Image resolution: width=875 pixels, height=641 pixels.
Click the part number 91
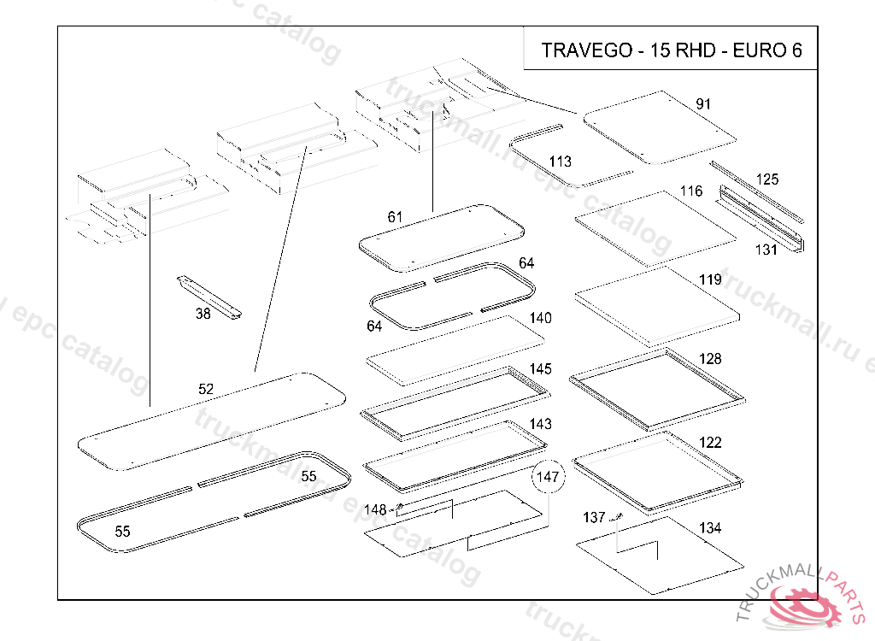tap(703, 104)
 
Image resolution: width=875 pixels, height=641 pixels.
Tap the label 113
tap(561, 162)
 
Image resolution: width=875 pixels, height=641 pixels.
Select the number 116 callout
tap(691, 191)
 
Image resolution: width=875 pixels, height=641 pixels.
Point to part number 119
tap(710, 279)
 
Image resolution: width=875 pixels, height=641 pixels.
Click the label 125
tap(767, 179)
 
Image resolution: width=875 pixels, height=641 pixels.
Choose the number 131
tap(766, 250)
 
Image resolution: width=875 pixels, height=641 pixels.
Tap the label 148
tap(376, 510)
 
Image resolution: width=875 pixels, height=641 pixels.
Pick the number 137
tap(594, 518)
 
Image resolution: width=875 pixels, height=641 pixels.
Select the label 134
tap(710, 528)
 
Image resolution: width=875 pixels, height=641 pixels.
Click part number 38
tap(203, 314)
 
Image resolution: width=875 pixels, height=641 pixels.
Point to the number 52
tap(206, 389)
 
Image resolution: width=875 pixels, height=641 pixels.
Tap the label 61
tap(395, 217)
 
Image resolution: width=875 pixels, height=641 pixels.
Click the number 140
tap(540, 318)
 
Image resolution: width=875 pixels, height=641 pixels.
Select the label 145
tap(540, 369)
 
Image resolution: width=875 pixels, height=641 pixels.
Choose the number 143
tap(540, 424)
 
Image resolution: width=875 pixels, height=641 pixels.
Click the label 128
tap(710, 359)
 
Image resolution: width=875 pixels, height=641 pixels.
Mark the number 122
tap(710, 443)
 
